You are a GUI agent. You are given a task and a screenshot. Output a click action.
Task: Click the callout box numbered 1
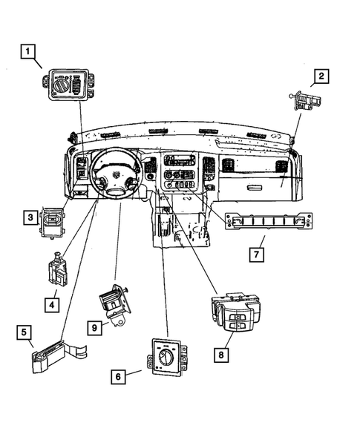[27, 51]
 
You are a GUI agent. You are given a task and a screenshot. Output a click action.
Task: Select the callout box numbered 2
[321, 76]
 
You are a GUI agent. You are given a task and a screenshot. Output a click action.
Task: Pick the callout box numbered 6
[117, 377]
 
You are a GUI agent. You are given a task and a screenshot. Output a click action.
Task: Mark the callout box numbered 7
[255, 254]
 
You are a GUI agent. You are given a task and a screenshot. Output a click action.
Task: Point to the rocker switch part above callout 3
[53, 220]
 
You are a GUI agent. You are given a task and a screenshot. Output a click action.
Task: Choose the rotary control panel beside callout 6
[168, 357]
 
